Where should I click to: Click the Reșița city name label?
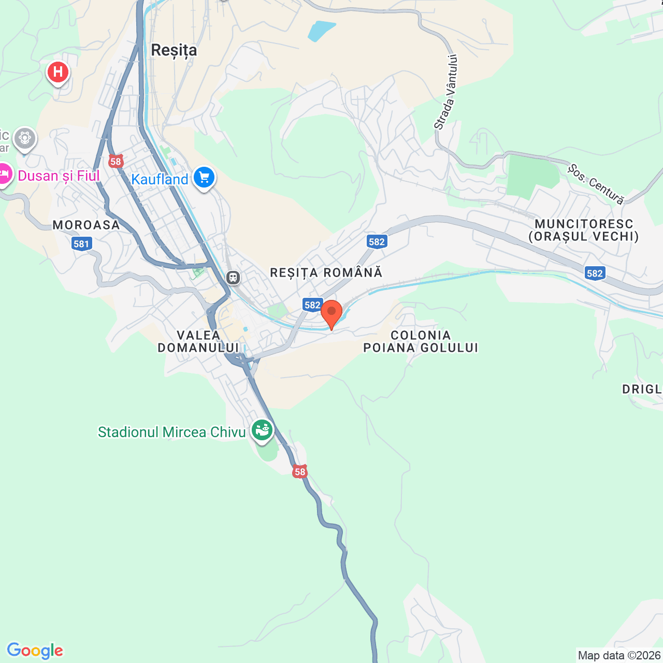[174, 50]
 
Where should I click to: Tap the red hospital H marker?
[58, 72]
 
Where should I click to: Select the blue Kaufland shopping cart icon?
[204, 178]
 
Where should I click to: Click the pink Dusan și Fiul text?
[59, 176]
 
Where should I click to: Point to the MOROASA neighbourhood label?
[86, 225]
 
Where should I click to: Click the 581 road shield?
[81, 244]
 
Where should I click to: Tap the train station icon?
[233, 278]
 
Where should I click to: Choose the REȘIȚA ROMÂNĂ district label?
[326, 272]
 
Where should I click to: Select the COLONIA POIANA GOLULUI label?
[421, 341]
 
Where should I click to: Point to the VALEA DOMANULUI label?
[198, 341]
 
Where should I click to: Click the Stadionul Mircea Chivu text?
[171, 432]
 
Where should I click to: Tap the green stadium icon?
[262, 430]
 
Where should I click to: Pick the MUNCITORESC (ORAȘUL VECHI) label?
[584, 230]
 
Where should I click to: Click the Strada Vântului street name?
[446, 92]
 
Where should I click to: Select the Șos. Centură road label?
[596, 184]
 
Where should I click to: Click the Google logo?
[35, 651]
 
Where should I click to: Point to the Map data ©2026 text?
[619, 655]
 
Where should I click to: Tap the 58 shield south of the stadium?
[300, 472]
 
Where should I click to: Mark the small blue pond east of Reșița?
[321, 31]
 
